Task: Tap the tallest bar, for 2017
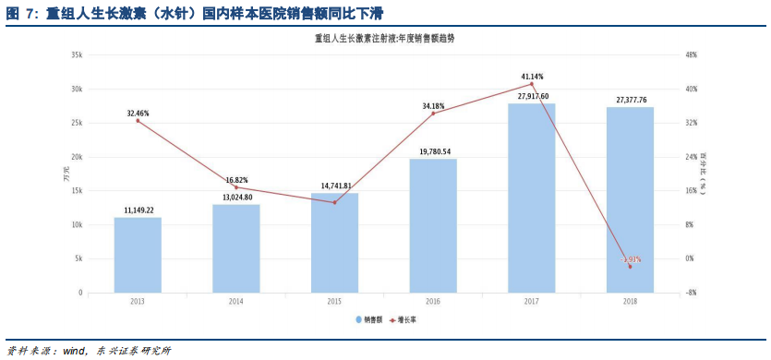[x=531, y=198]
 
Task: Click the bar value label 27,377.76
[x=632, y=100]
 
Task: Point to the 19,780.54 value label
[x=434, y=151]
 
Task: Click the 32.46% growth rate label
[x=139, y=114]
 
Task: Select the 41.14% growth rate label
[x=532, y=77]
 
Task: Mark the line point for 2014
[x=236, y=187]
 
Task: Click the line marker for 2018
[x=630, y=266]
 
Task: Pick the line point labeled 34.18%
[x=433, y=113]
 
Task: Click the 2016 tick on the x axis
[x=433, y=302]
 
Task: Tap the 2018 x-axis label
[x=630, y=302]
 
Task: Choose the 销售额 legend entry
[x=369, y=319]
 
